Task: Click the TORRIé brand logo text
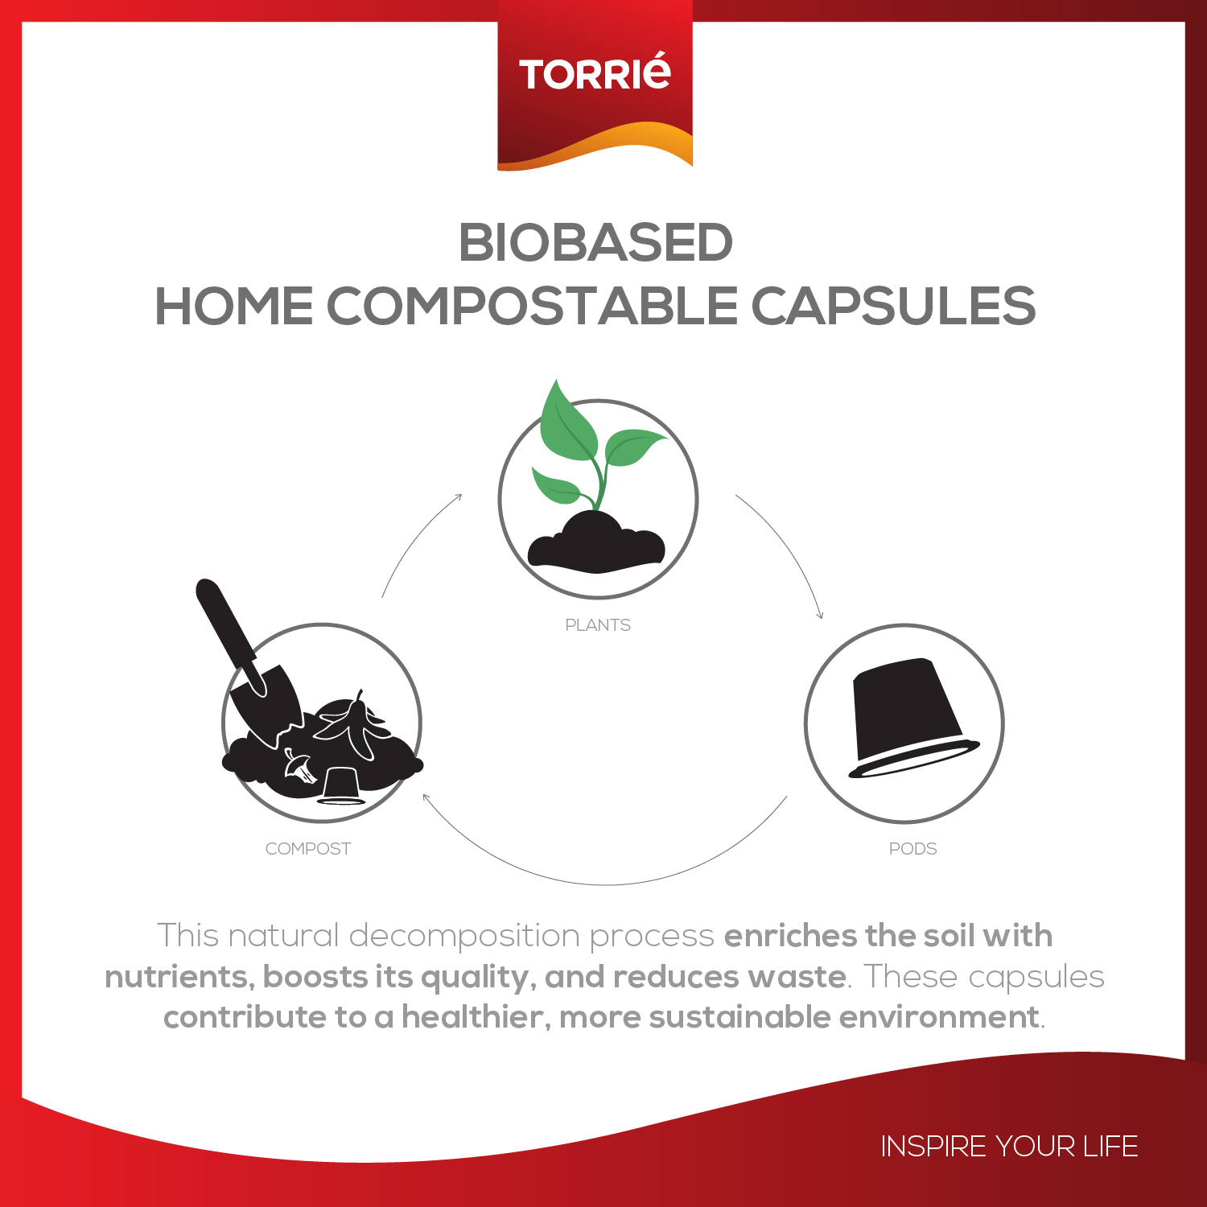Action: pos(595,72)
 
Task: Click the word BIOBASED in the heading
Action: pos(595,242)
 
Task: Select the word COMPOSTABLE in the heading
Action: pos(532,307)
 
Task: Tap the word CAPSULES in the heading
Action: pos(893,307)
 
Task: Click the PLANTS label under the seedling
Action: pos(598,625)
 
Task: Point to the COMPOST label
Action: pos(308,849)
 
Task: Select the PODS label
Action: pos(913,849)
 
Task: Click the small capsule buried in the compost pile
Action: pos(341,785)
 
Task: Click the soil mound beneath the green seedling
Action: pos(596,542)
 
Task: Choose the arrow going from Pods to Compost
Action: pos(603,884)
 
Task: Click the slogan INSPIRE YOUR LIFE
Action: pos(1009,1146)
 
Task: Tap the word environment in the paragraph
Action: pos(939,1017)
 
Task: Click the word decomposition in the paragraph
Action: pos(464,937)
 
